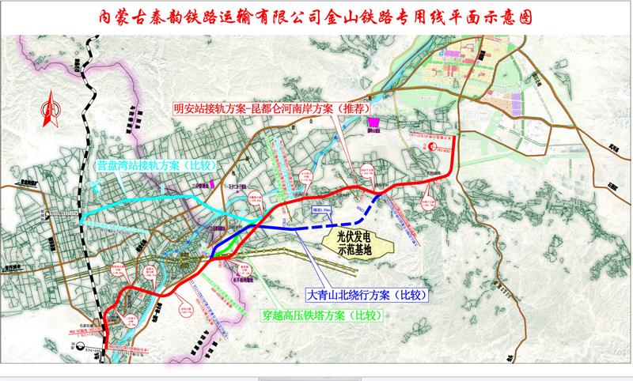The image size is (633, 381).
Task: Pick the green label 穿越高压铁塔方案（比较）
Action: pos(321,315)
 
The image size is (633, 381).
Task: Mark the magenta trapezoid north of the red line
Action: pos(374,122)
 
